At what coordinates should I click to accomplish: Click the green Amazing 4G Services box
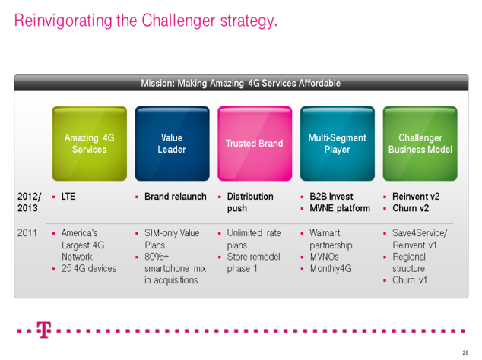point(89,144)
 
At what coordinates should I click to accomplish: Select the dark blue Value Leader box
point(172,144)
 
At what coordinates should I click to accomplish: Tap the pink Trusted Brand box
point(254,144)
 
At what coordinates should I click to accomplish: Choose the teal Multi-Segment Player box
point(337,144)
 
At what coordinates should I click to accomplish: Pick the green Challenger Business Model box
point(420,144)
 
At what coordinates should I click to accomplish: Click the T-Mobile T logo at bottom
point(44,331)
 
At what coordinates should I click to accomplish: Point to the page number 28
point(465,353)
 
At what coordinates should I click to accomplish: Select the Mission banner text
point(240,83)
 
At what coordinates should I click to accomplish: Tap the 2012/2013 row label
point(29,202)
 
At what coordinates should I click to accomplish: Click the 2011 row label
point(27,233)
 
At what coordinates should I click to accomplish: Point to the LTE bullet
point(68,197)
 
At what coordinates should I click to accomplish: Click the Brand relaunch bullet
point(175,197)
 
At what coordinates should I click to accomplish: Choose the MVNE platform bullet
point(339,208)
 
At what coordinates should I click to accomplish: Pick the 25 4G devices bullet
point(89,269)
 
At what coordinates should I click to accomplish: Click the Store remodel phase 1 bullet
point(253,263)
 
